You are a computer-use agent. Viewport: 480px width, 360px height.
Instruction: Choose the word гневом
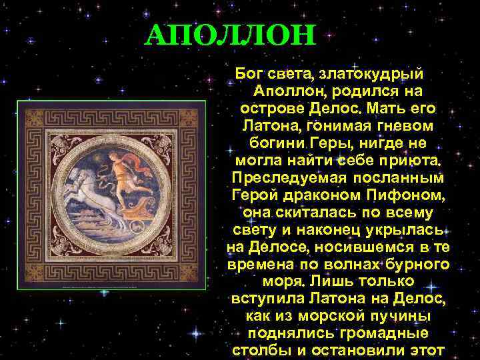point(400,125)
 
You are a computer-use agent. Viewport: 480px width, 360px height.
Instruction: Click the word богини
point(277,143)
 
